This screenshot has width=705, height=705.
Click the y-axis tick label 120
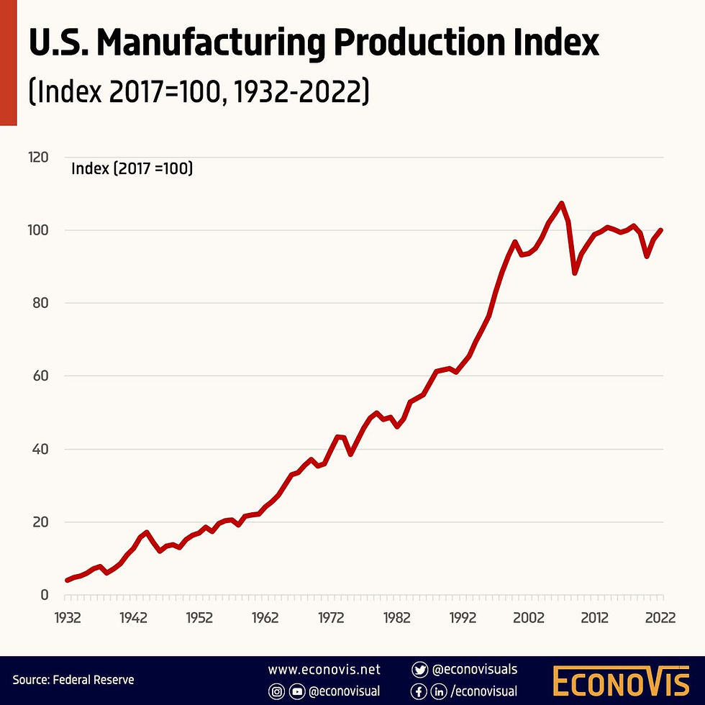38,157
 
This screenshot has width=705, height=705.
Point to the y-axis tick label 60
41,376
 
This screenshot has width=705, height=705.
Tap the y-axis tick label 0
45,595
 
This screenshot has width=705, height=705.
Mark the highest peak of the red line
562,204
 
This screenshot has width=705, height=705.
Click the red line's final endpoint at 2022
661,230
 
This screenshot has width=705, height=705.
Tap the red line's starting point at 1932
67,580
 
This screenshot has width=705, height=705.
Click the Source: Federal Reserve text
73,679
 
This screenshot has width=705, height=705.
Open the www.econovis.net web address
324,670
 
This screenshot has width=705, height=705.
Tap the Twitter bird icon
419,670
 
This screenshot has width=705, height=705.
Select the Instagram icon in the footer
276,692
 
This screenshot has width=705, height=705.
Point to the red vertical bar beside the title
8,63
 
